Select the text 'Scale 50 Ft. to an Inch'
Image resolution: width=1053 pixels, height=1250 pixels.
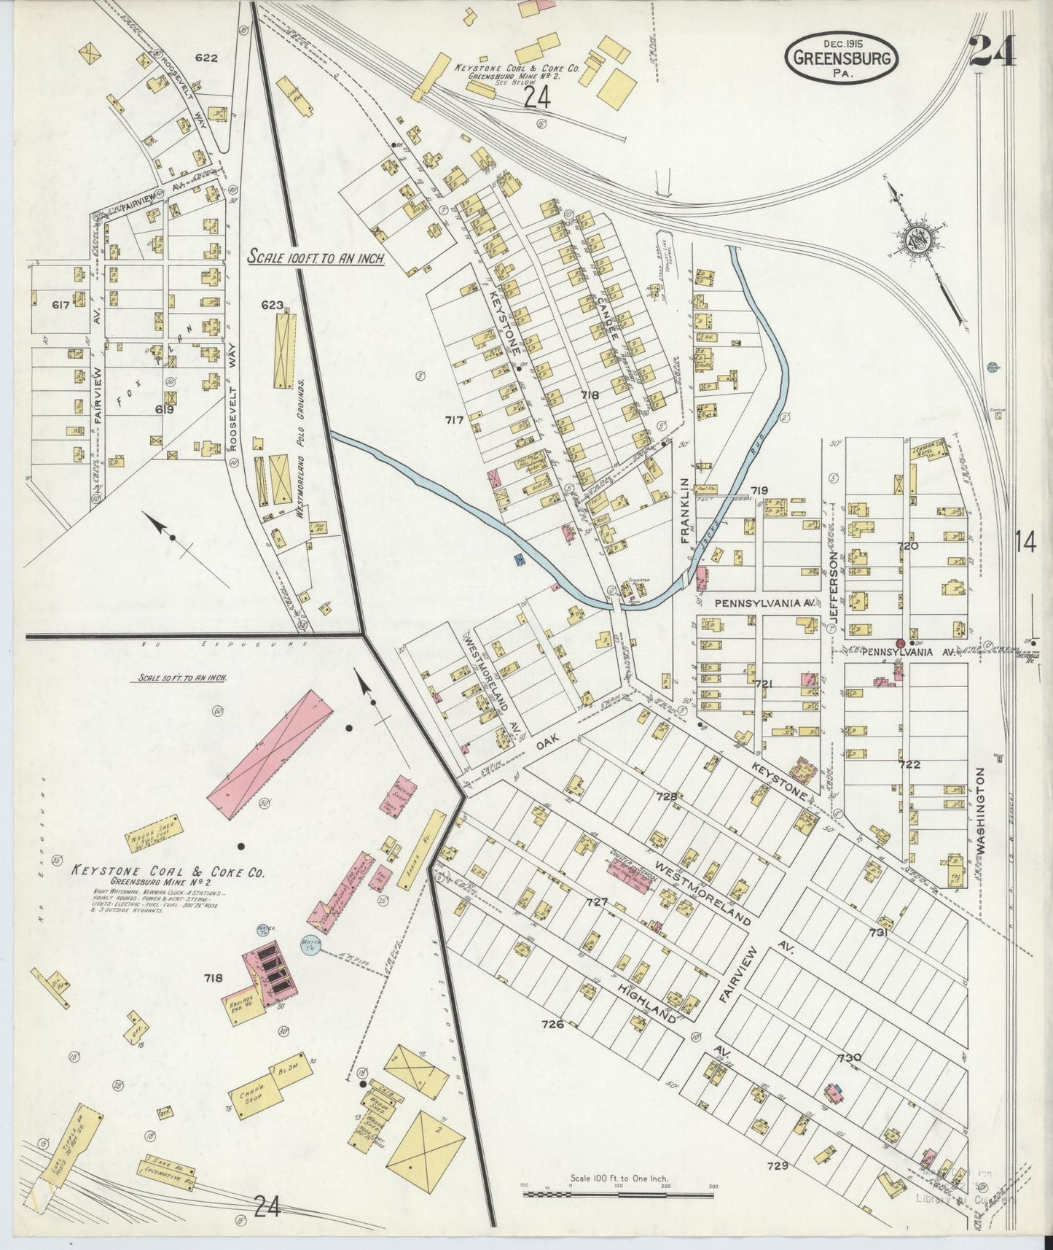[x=181, y=678]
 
